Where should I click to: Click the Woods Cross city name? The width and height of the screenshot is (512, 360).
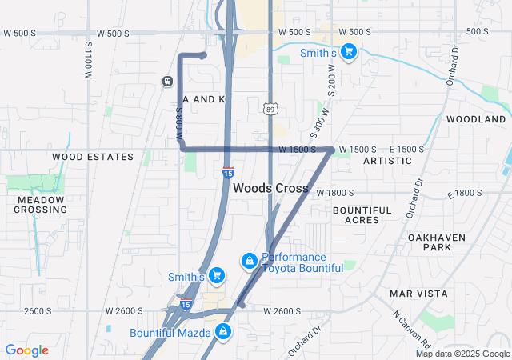click(270, 187)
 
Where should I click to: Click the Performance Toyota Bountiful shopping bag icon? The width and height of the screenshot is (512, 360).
click(250, 261)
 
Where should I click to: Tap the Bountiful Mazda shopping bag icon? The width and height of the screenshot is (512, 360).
click(222, 331)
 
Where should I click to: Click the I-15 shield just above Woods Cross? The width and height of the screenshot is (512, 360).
click(228, 172)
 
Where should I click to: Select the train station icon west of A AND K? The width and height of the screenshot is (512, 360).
click(167, 81)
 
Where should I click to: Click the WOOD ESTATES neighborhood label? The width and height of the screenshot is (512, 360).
click(93, 157)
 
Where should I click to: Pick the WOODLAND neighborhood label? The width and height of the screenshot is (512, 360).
click(476, 119)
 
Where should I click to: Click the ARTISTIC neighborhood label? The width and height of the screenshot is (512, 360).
click(387, 161)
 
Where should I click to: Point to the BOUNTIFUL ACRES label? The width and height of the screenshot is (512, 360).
click(362, 214)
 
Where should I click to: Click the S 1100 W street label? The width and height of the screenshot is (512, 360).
click(88, 61)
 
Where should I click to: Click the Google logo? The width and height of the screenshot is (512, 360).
click(27, 350)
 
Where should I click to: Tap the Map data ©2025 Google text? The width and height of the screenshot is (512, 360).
click(462, 354)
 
